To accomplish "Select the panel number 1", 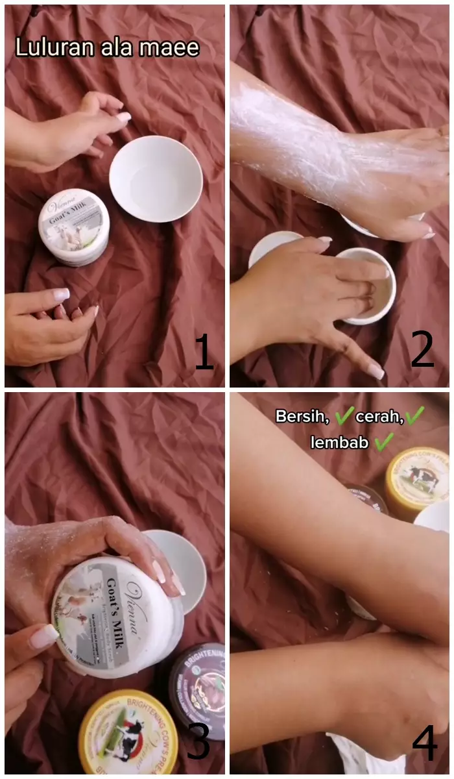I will point(204,353).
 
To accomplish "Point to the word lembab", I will point(340,443).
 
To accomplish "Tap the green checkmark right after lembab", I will point(384,442).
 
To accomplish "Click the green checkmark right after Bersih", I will point(344,415).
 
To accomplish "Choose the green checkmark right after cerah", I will point(415,415).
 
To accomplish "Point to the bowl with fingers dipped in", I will point(366,286).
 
